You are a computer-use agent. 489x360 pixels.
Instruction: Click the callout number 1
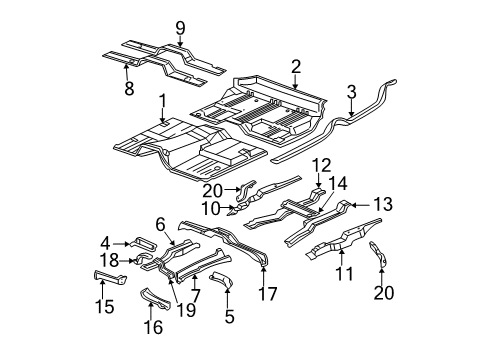tap(162, 100)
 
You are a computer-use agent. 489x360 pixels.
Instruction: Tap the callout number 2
tap(296, 67)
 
